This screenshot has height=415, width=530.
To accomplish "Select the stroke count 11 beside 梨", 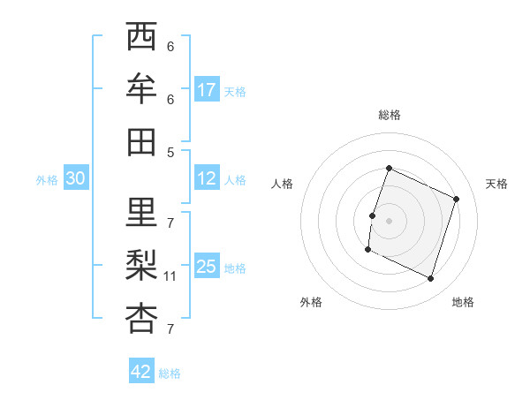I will click(x=170, y=276).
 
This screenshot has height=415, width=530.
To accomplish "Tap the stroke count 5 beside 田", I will click(x=170, y=152).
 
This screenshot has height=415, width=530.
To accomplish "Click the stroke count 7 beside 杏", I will click(x=170, y=329).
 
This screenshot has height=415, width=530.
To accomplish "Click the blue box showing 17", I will click(x=207, y=90).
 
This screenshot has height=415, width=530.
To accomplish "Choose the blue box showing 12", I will click(x=207, y=179).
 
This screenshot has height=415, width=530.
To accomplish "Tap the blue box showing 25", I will click(x=207, y=268).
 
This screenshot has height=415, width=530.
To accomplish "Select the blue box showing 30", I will click(x=75, y=179).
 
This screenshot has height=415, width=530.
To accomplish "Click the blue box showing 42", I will click(x=141, y=372).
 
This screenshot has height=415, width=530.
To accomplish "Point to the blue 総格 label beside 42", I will click(x=170, y=373).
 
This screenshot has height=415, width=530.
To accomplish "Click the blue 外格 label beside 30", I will click(x=47, y=180).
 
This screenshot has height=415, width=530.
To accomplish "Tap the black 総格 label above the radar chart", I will click(x=390, y=115).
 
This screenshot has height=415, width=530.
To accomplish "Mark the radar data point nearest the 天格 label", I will click(x=457, y=199).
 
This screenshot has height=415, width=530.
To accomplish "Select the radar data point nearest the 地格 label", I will click(x=431, y=279).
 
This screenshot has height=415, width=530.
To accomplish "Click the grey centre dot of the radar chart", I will click(x=390, y=220).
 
